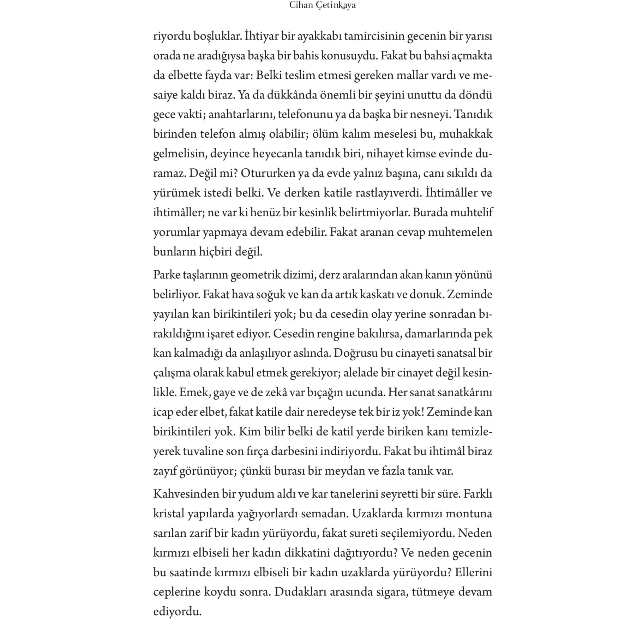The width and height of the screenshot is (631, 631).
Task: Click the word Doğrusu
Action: [355, 353]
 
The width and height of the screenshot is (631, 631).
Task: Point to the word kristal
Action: [169, 513]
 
